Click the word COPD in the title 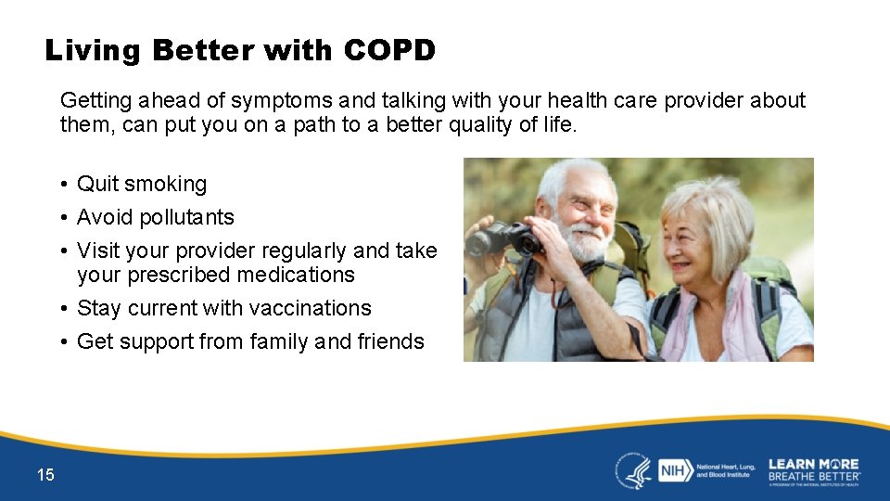pos(388,50)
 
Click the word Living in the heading pos(94,50)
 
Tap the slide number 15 pos(45,475)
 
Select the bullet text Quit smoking pos(142,184)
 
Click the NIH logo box pos(673,469)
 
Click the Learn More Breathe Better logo pos(813,470)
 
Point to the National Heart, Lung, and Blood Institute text pos(725,469)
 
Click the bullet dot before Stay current pos(63,309)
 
